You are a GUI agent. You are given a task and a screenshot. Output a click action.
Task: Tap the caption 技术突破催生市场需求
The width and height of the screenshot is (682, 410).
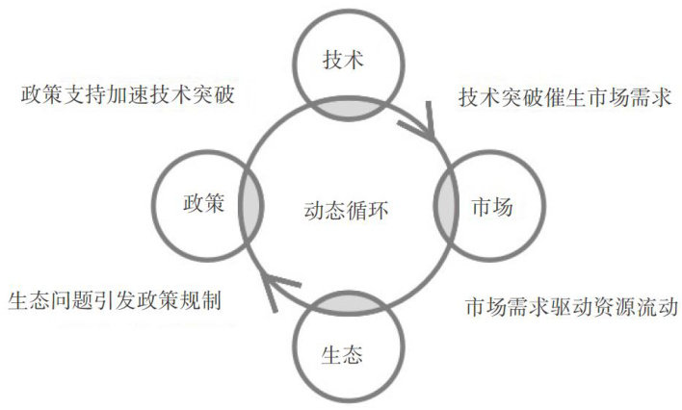564,98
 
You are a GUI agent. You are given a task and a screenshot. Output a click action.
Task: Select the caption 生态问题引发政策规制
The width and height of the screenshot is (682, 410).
115,300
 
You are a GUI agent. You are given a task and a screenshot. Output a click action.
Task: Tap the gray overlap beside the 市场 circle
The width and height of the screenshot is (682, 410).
447,207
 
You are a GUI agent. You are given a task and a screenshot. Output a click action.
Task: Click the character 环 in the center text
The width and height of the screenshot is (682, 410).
378,208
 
